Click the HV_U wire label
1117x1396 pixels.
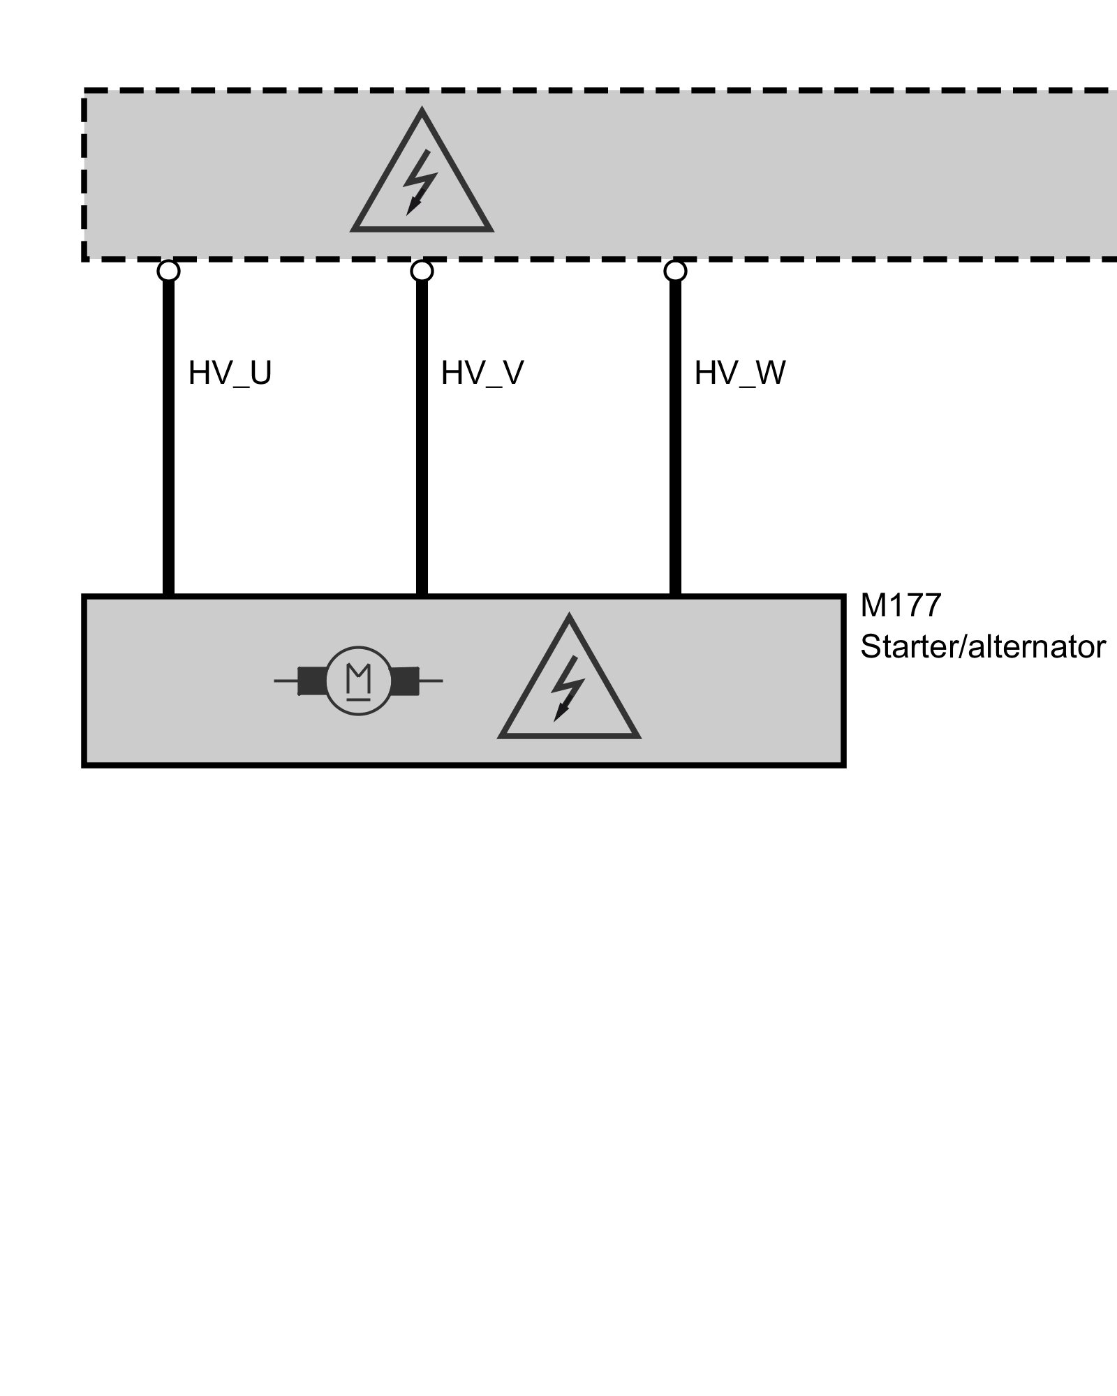[x=230, y=374]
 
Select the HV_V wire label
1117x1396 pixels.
[x=482, y=374]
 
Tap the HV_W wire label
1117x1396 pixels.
[x=739, y=374]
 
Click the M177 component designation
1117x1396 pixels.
[x=901, y=606]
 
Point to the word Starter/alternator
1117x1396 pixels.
[x=982, y=648]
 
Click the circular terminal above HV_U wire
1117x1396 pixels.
[x=168, y=270]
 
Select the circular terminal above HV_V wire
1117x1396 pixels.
[x=422, y=270]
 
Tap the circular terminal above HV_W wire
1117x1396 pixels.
[x=675, y=270]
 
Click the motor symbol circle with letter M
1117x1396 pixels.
[x=359, y=681]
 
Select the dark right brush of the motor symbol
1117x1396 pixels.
[x=405, y=681]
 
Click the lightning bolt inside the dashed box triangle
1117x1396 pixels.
[x=420, y=182]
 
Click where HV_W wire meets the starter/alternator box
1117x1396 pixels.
[x=675, y=595]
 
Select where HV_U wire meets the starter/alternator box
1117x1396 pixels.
[x=168, y=595]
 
